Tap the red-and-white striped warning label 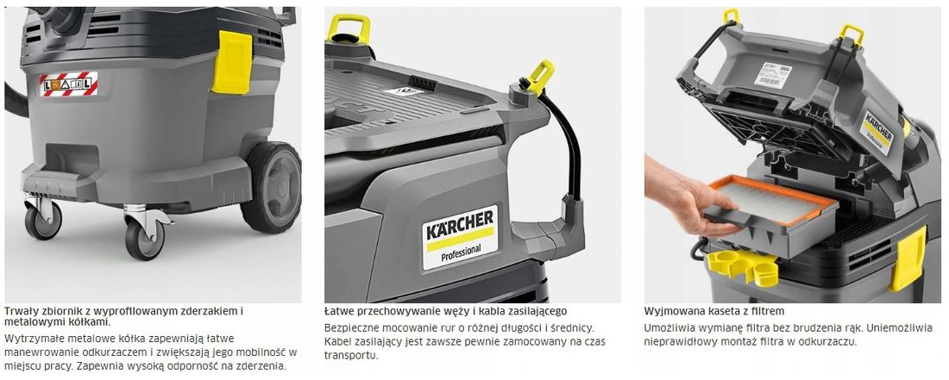(x=70, y=84)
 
